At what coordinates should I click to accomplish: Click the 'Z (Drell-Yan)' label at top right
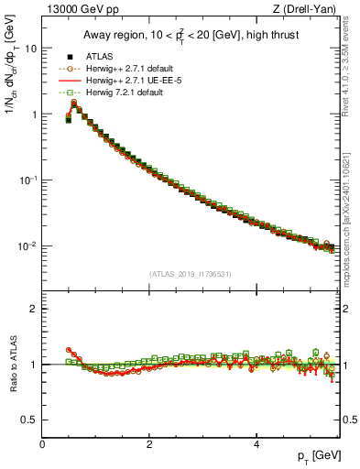[308, 10]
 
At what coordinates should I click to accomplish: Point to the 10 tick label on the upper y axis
[31, 49]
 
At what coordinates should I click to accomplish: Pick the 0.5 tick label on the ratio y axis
[30, 420]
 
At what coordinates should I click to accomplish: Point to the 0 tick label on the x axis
[42, 443]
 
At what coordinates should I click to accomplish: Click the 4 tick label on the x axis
[256, 443]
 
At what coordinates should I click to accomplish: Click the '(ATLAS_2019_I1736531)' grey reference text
[191, 274]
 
